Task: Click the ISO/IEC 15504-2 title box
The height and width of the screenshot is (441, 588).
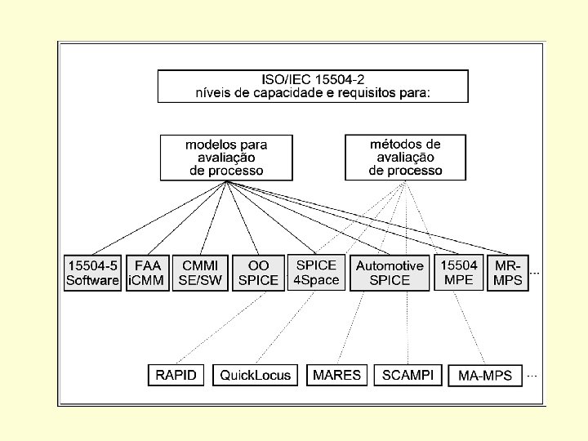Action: point(313,86)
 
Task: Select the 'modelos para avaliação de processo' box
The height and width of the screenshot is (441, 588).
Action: point(226,158)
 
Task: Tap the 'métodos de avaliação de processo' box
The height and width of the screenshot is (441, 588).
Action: point(405,158)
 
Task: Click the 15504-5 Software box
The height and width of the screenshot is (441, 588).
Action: point(92,273)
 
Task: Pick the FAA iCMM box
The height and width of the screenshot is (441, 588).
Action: point(147,273)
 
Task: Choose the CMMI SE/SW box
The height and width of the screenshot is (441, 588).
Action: point(200,273)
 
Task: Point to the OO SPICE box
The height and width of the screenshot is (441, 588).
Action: point(257,273)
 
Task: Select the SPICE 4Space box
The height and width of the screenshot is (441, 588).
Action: point(316,273)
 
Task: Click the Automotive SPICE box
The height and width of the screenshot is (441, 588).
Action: point(390,273)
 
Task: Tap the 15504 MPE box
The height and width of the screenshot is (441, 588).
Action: point(459,273)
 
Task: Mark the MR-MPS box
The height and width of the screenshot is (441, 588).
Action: point(508,273)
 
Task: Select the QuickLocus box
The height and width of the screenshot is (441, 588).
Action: point(256,375)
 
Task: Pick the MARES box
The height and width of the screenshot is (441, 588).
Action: point(336,375)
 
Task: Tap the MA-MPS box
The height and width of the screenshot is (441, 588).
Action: point(485,376)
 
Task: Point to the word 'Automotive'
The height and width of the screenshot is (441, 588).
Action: point(390,266)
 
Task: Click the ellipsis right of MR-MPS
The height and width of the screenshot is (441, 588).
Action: point(535,273)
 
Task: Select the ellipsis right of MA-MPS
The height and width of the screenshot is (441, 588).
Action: point(532,376)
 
